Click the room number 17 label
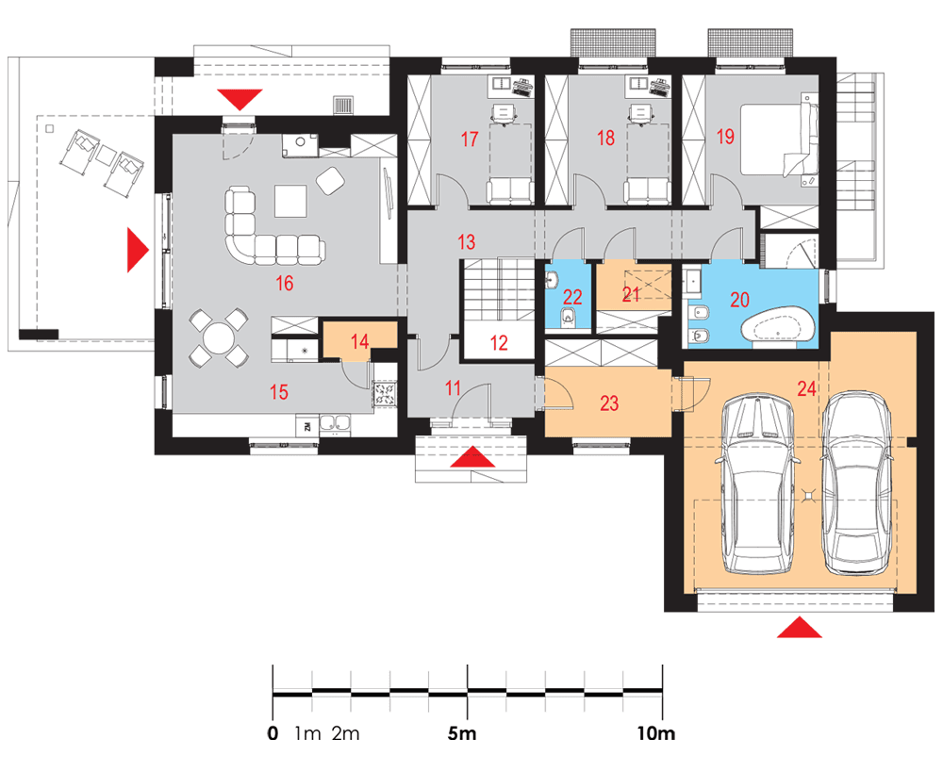(469, 139)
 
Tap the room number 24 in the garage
(806, 388)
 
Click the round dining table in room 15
(219, 339)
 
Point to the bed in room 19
(779, 140)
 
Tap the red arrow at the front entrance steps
(472, 456)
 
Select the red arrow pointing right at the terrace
(138, 250)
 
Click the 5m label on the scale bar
(462, 734)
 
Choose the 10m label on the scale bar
(656, 734)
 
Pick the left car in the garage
(757, 485)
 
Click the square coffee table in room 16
(291, 201)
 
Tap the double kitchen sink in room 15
(335, 423)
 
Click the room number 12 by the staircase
(499, 343)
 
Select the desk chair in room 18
(639, 113)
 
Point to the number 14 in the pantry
(359, 341)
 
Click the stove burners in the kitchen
(385, 393)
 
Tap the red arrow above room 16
(240, 99)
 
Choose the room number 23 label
(609, 402)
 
